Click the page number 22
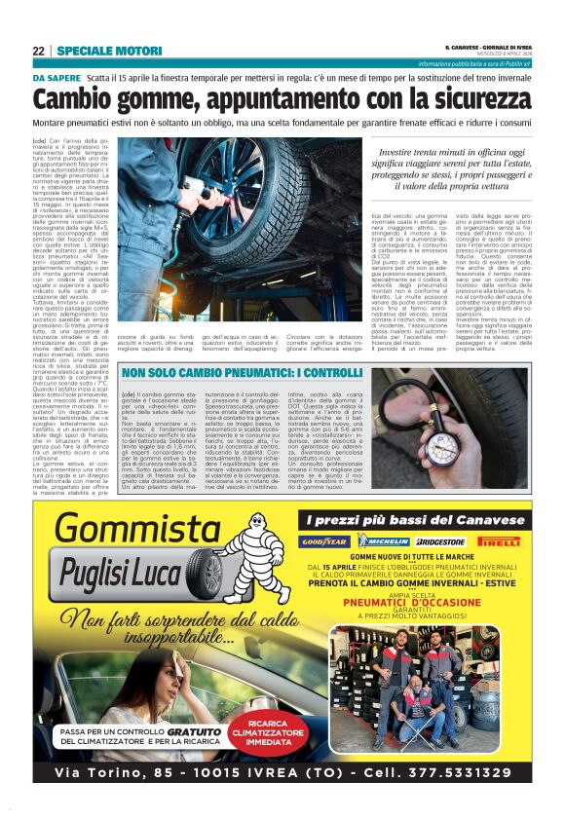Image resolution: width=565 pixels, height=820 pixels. pyautogui.click(x=37, y=50)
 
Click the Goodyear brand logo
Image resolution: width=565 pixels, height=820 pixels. pyautogui.click(x=324, y=541)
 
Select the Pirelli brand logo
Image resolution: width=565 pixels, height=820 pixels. pyautogui.click(x=499, y=541)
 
